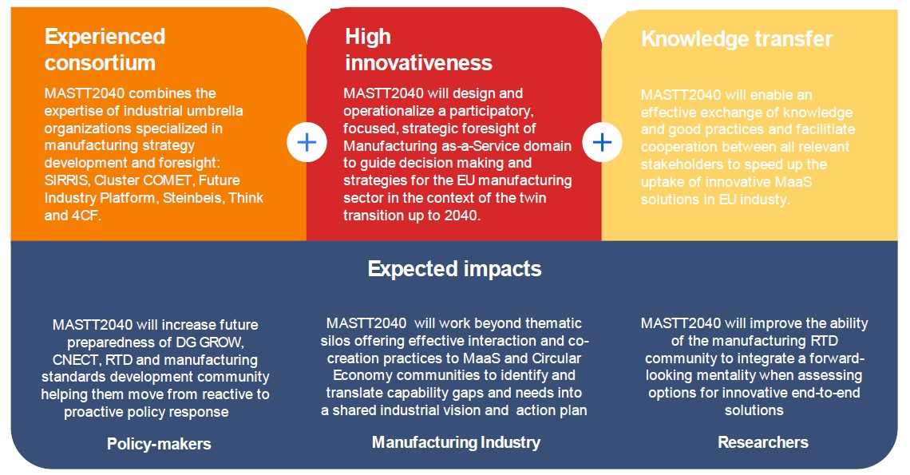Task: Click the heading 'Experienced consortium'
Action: [105, 49]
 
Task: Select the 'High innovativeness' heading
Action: [418, 49]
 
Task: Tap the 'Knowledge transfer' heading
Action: [737, 39]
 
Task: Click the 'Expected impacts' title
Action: [454, 269]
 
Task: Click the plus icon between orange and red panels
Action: [307, 142]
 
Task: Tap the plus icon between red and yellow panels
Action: [603, 142]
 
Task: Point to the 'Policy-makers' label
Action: [159, 444]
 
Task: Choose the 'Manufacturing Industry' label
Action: [456, 442]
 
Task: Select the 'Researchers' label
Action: [763, 442]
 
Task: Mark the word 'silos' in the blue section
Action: [334, 341]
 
